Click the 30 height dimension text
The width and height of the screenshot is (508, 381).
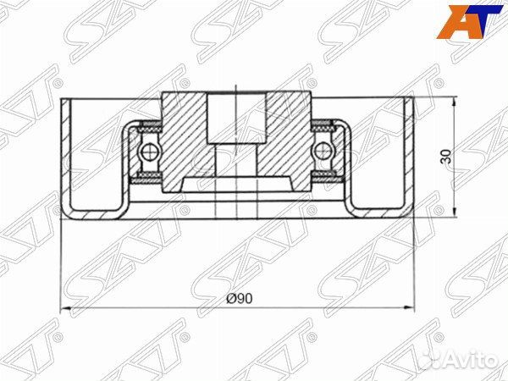[447, 156]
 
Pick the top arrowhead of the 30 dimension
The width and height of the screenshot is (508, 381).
[457, 101]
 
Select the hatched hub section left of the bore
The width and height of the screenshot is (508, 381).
[186, 135]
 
